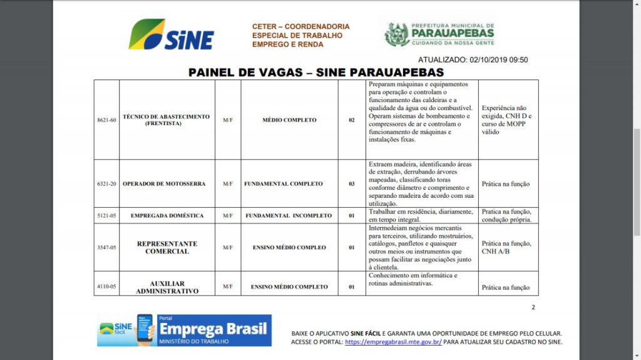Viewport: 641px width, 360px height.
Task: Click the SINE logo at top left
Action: (171, 34)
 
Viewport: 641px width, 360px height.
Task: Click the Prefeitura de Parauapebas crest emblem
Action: (396, 34)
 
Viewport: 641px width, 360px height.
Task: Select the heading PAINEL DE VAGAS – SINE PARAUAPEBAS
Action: (316, 73)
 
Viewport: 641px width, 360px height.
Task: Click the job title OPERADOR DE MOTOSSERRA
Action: (164, 183)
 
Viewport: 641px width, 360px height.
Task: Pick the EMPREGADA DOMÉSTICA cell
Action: (167, 215)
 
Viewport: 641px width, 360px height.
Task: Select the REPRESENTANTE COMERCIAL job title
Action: (167, 247)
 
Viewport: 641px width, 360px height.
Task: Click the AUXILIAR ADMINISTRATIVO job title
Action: (167, 287)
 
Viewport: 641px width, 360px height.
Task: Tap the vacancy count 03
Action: (352, 183)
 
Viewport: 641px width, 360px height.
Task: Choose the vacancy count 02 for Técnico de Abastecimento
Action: (352, 120)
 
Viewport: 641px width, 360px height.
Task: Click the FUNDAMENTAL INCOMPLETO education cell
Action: (289, 215)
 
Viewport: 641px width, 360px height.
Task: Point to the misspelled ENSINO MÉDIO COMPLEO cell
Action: (289, 247)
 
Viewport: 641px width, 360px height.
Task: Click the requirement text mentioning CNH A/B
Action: (506, 247)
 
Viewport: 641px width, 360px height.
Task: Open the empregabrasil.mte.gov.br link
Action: (393, 342)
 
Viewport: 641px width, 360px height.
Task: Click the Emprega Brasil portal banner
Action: (184, 331)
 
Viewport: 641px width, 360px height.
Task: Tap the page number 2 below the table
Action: (533, 307)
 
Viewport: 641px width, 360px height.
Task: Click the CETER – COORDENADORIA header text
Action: (300, 27)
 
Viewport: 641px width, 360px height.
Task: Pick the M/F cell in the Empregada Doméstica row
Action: (228, 215)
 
